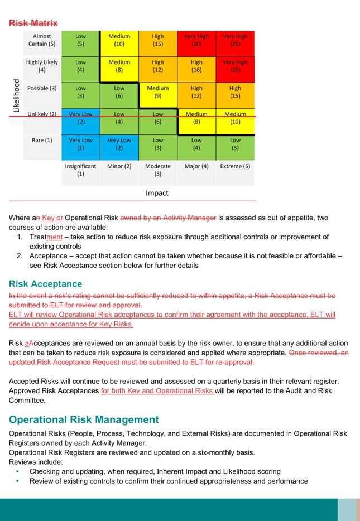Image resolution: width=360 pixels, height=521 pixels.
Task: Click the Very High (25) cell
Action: click(x=235, y=44)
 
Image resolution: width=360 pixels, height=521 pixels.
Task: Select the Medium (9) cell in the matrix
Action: click(x=158, y=95)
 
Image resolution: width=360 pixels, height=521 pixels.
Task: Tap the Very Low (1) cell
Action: click(x=81, y=147)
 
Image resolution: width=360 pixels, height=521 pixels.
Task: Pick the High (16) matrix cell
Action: click(x=196, y=69)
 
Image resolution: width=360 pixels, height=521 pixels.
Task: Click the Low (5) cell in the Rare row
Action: click(x=235, y=147)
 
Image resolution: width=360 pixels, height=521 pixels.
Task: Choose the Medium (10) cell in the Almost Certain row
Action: click(x=119, y=44)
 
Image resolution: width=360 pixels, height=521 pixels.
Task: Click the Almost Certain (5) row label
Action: click(x=42, y=40)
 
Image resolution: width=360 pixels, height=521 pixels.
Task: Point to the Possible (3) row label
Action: click(x=42, y=88)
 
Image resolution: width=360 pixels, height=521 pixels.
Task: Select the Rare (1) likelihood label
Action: click(x=42, y=140)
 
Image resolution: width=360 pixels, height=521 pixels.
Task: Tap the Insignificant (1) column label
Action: click(x=80, y=170)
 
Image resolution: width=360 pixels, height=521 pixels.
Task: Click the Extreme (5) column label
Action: click(x=235, y=166)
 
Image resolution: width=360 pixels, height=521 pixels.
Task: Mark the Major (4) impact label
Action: click(x=196, y=166)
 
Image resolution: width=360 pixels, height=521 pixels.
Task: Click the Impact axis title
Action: click(x=157, y=193)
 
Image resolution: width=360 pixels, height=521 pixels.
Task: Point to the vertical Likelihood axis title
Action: click(x=16, y=96)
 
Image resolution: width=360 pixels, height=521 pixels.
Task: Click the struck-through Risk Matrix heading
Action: click(x=33, y=23)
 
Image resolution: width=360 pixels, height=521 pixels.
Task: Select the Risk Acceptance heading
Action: click(x=46, y=284)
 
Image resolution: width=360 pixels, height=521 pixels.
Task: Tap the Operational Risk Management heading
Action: click(x=84, y=419)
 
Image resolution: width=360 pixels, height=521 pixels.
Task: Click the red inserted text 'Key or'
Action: click(x=52, y=218)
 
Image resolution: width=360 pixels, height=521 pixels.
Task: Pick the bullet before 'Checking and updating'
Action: click(x=17, y=471)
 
